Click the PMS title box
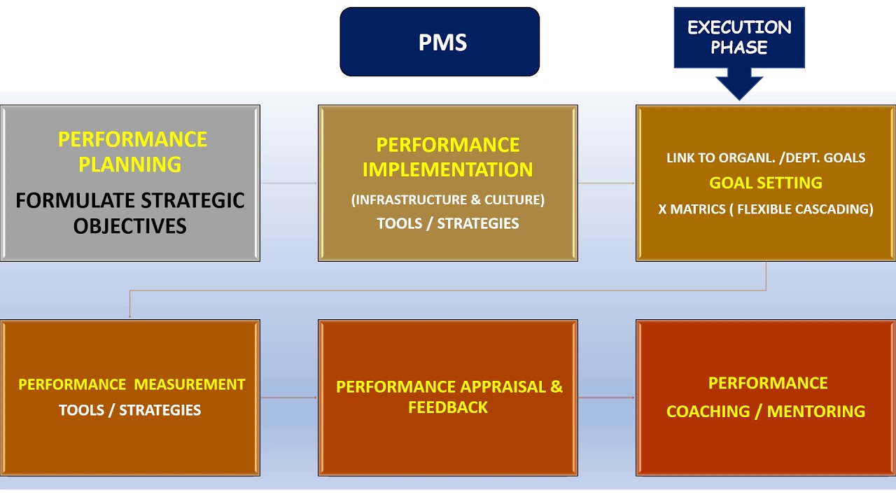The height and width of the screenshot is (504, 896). (x=440, y=42)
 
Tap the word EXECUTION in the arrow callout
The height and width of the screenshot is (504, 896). (x=739, y=28)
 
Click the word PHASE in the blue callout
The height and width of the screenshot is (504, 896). (x=739, y=48)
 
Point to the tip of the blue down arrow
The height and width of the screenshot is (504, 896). (x=739, y=98)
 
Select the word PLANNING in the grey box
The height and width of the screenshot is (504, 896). (x=130, y=164)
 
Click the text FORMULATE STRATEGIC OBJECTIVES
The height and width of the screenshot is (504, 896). (x=130, y=213)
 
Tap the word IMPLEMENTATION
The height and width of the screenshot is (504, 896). (x=447, y=169)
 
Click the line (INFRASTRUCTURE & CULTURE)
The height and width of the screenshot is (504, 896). (x=447, y=200)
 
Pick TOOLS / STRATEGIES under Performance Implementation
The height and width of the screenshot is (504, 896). (x=447, y=224)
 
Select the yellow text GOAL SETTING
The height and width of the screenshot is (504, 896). (x=765, y=183)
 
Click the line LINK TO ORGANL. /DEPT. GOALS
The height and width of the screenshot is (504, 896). (x=765, y=158)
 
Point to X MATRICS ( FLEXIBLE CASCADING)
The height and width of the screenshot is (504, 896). (x=765, y=209)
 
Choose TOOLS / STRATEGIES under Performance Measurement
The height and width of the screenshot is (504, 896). (x=130, y=410)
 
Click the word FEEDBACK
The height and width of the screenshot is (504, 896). (x=447, y=407)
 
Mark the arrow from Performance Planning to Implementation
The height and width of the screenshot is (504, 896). (x=289, y=183)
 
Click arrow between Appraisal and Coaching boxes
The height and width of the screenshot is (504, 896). (x=606, y=398)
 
